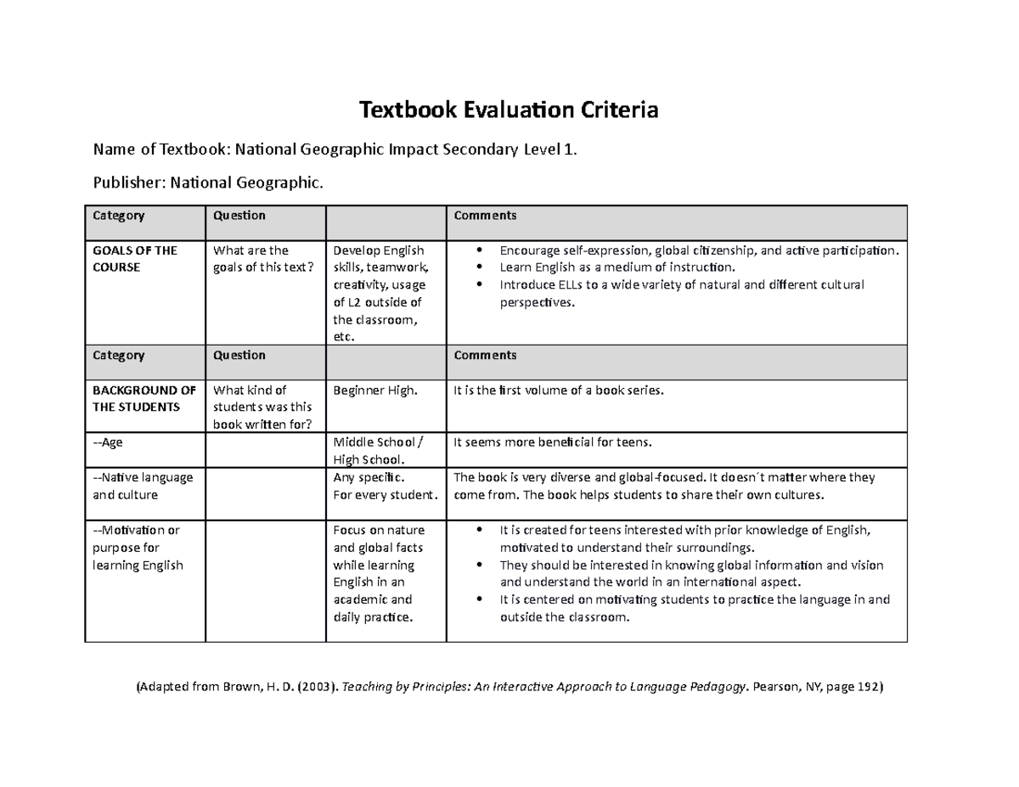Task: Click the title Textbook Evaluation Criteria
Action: click(x=509, y=110)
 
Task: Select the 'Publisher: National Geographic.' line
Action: click(x=208, y=182)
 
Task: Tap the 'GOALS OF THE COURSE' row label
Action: click(x=135, y=259)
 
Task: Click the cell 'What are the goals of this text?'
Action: click(x=263, y=259)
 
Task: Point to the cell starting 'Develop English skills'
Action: click(x=379, y=293)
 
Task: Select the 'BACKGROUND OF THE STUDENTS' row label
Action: click(x=144, y=398)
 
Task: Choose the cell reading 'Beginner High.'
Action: click(x=375, y=391)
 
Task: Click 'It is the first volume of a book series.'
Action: click(x=557, y=391)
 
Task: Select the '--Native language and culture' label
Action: click(x=143, y=486)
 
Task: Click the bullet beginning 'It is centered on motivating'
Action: click(x=695, y=608)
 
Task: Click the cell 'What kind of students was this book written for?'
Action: click(x=263, y=408)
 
